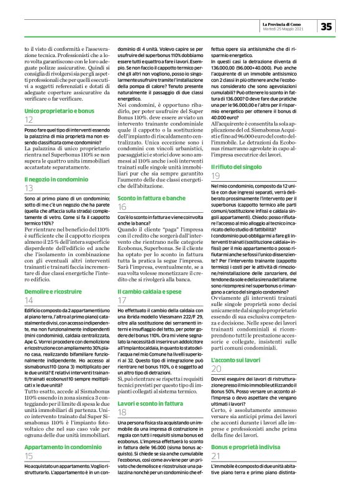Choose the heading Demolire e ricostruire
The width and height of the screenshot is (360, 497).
click(50, 291)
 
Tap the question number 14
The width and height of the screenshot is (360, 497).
click(29, 300)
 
